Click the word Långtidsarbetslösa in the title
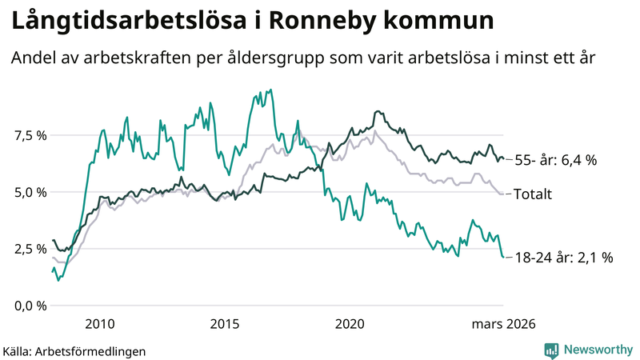128,22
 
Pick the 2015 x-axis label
225,324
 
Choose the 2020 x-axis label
350,324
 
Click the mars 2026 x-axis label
502,324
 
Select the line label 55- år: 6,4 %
555,160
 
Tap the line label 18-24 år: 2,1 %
563,258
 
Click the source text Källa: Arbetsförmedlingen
74,350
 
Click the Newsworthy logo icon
551,350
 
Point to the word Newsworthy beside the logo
598,350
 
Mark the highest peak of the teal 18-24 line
271,90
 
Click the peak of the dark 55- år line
377,111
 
